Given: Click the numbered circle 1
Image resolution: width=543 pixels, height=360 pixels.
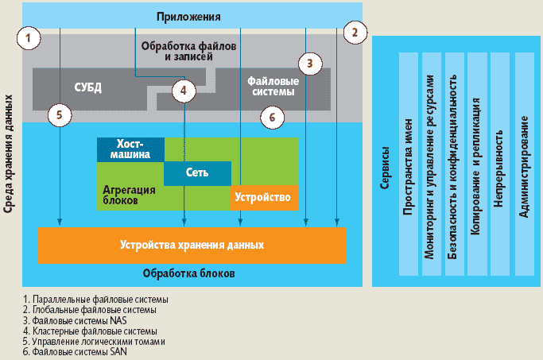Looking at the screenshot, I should [29, 37].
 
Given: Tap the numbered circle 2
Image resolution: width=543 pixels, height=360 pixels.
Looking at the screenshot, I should [355, 33].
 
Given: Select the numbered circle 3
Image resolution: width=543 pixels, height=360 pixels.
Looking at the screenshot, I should [311, 62].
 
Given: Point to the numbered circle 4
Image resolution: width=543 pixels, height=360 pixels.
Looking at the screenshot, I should [184, 91].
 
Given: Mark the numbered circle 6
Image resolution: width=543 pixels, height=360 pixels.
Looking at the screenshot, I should [272, 116].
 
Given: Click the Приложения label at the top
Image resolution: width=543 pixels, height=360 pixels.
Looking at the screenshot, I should [188, 16].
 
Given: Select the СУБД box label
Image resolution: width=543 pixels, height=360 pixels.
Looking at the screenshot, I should [87, 87].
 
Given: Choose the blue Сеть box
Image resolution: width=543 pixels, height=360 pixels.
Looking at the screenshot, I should [197, 172].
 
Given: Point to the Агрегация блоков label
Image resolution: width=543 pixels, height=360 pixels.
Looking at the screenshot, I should [129, 195].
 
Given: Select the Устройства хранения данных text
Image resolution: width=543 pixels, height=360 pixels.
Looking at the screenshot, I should [192, 244].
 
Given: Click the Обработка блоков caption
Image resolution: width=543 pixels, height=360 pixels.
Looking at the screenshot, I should [188, 273].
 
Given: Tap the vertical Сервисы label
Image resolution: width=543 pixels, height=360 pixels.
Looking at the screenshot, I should [386, 165].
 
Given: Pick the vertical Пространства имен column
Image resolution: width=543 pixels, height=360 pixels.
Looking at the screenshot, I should [408, 165].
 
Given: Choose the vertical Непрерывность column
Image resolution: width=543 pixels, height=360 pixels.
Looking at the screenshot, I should [499, 165].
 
